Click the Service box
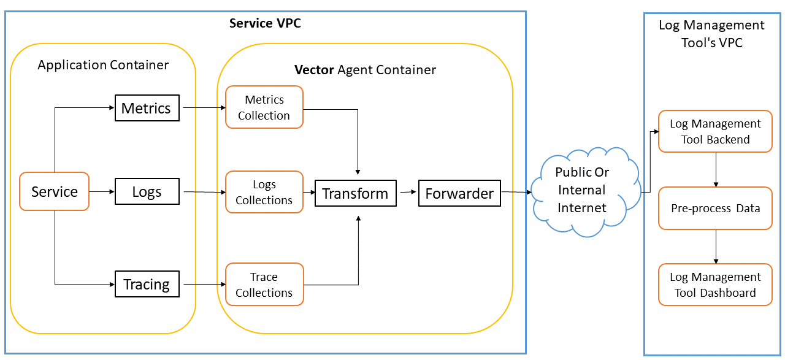(x=55, y=191)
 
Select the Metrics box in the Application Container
(x=147, y=108)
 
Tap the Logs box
(x=147, y=191)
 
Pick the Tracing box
(x=147, y=284)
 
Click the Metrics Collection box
(x=264, y=107)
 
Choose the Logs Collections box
(x=264, y=192)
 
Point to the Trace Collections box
(x=264, y=285)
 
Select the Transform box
(x=355, y=193)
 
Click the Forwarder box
(x=459, y=193)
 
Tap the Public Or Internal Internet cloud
(x=581, y=190)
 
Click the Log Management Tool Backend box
(x=715, y=131)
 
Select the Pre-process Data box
(x=715, y=209)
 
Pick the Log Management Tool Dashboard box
(x=715, y=285)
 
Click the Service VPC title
(x=265, y=23)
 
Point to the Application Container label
(x=103, y=64)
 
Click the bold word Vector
(x=315, y=69)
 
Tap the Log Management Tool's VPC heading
(x=711, y=34)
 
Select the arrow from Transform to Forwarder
(x=407, y=193)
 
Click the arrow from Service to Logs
(x=102, y=191)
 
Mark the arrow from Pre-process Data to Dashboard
(x=716, y=247)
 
